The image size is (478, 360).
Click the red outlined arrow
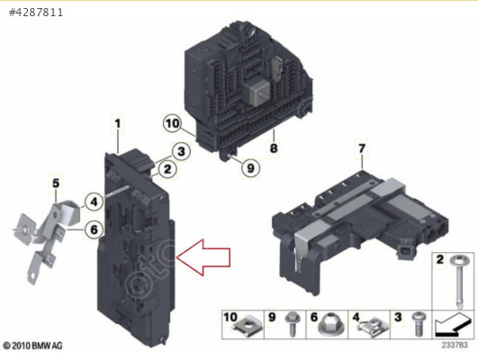tap(203, 257)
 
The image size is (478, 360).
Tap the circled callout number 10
tap(172, 123)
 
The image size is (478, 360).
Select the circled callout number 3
tap(181, 151)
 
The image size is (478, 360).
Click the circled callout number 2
tap(167, 169)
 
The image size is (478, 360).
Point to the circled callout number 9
tap(250, 168)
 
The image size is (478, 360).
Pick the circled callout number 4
tap(94, 202)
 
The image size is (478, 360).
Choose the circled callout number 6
tap(94, 229)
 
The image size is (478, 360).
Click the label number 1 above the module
tap(118, 123)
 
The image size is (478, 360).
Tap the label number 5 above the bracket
tap(56, 184)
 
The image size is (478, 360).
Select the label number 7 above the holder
tap(362, 148)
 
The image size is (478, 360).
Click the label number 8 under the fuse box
tap(274, 148)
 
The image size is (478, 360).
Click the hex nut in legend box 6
tap(329, 326)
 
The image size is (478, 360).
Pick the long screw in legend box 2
tap(458, 281)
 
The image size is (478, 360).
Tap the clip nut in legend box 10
tap(247, 328)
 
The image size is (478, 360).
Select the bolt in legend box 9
tap(293, 324)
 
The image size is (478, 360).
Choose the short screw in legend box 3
tap(419, 324)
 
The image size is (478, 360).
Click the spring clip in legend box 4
tap(373, 327)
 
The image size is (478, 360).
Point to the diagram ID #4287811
tap(36, 13)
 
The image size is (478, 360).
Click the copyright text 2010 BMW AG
tap(32, 346)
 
